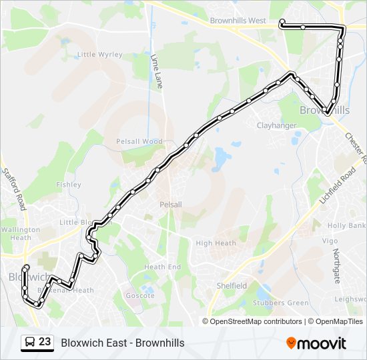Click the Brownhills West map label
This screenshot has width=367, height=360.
pos(238,21)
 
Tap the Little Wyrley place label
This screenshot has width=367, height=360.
pos(99,54)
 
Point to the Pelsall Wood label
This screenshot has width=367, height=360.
pos(139,141)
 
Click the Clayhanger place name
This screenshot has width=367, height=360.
pos(276,125)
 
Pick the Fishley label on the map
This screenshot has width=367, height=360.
pos(69,185)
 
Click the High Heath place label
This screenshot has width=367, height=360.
pos(216,243)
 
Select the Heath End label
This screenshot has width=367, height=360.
pos(163,267)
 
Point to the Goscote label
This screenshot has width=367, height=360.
pos(140,295)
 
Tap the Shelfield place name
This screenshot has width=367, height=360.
pos(232,285)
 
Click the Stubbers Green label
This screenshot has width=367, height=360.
pos(280,303)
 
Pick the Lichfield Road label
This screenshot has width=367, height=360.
pos(337,187)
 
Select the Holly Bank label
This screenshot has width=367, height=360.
pos(346,225)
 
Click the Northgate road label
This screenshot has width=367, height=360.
pos(336,265)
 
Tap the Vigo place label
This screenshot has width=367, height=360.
pos(330,240)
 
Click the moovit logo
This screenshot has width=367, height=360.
pos(316,343)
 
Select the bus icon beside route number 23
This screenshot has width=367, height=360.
pos(30,343)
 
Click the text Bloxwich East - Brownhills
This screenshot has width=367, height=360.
pos(123,343)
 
